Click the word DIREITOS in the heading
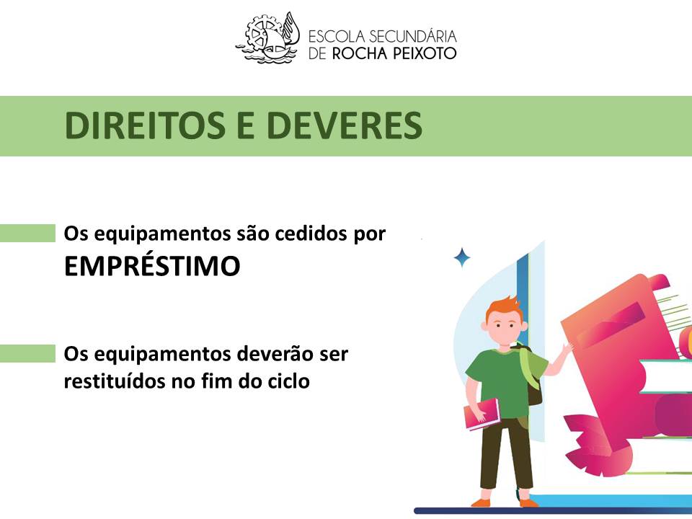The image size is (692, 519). [x=145, y=125]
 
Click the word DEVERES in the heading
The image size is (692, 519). [x=345, y=125]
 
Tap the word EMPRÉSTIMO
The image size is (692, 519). [x=152, y=266]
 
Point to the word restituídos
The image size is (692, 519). [x=115, y=381]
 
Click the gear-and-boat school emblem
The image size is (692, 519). [x=267, y=38]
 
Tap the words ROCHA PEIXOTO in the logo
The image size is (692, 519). [x=394, y=53]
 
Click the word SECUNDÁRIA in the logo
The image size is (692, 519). [x=412, y=36]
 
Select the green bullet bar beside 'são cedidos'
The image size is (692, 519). [x=28, y=233]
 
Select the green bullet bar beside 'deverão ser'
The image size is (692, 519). [x=28, y=353]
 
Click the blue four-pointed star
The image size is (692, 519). [x=462, y=258]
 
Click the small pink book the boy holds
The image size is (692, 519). [x=482, y=414]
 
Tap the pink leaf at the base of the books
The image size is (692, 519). [x=591, y=443]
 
